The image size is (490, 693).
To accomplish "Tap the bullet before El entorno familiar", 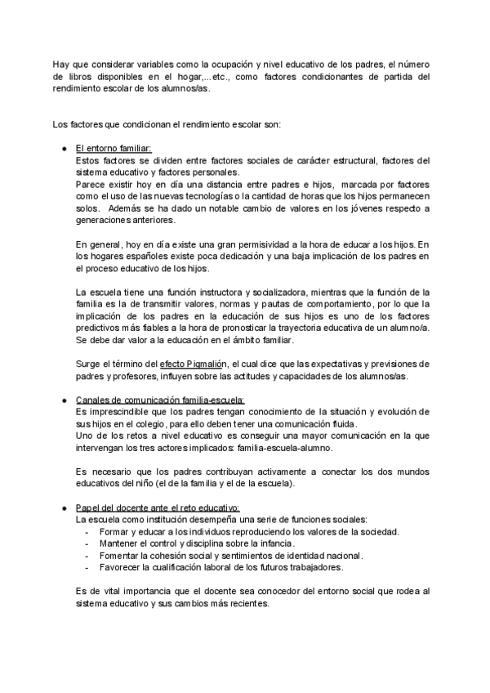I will coord(64,148).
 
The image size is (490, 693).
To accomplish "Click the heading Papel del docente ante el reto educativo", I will coord(157,508).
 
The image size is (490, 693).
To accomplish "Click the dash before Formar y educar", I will coord(87,532).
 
